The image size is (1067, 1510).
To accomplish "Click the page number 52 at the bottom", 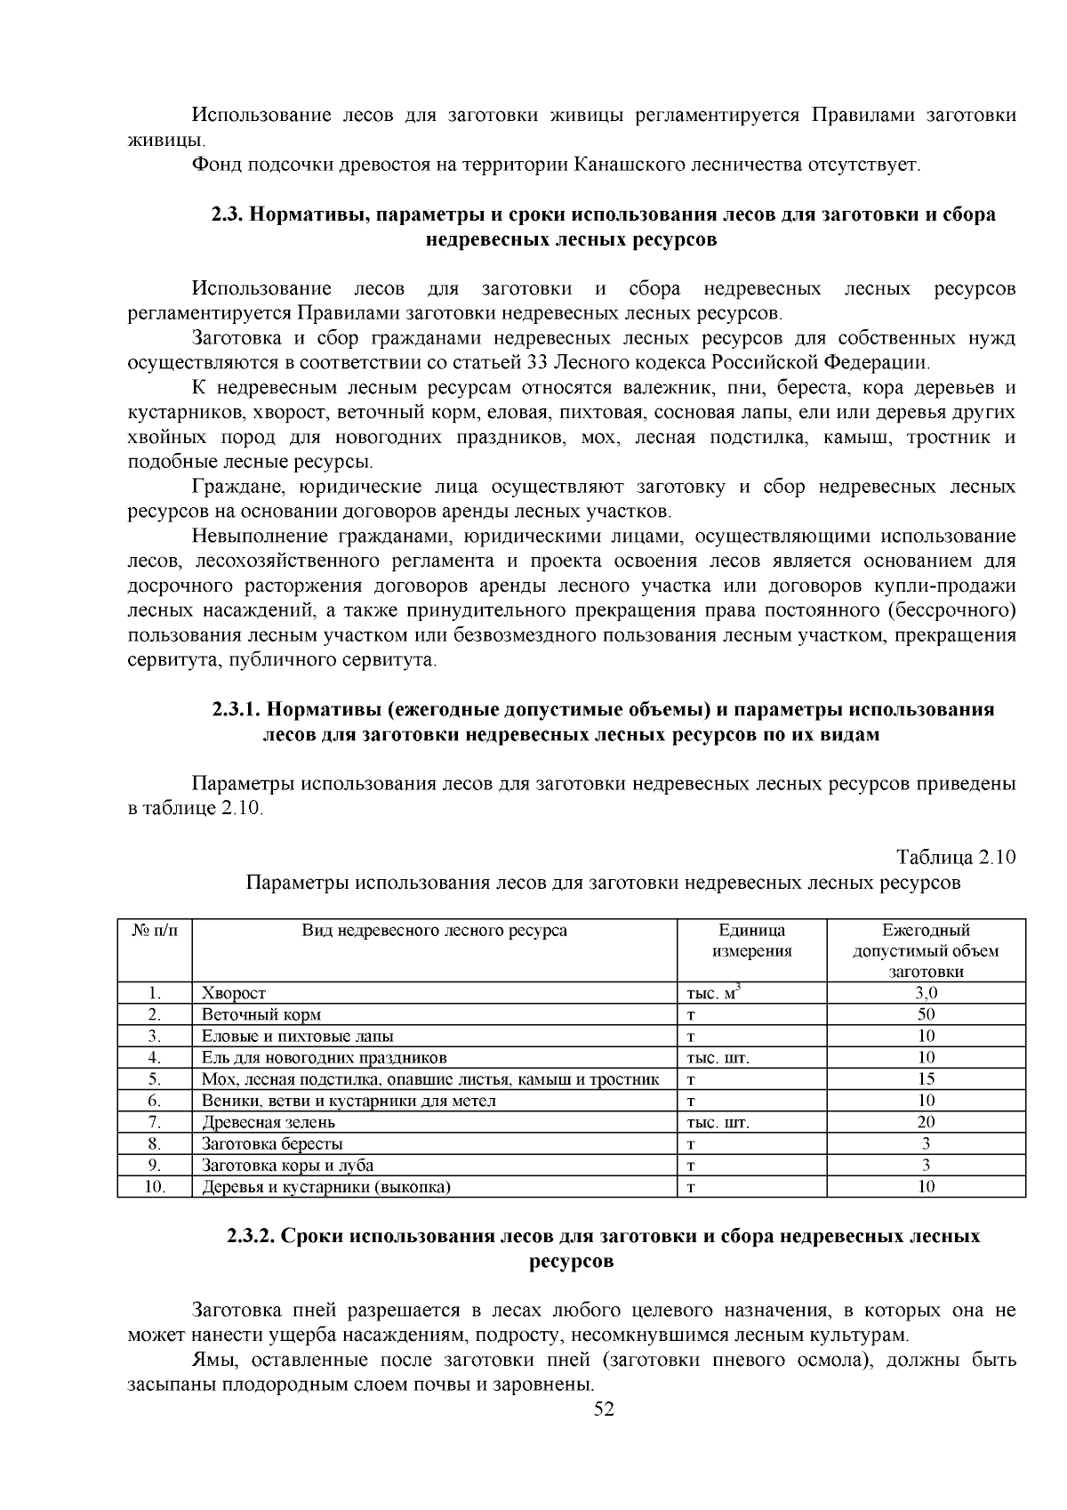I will pos(604,1409).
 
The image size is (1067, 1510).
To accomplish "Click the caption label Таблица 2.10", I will pos(955,858).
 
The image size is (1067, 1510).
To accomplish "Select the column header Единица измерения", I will pos(751,941).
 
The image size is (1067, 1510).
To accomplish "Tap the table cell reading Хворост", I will pos(234,993).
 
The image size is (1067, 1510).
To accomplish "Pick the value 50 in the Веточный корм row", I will pos(926,1014).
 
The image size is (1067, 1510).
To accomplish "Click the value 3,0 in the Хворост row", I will pos(926,993).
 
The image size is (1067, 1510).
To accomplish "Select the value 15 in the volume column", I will pos(926,1078).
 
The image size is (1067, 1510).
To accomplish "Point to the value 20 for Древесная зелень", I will pos(926,1122).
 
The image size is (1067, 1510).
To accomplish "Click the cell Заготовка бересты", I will pos(272,1143).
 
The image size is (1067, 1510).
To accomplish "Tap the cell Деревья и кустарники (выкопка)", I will pos(325,1187).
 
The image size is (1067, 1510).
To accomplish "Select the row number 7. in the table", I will pos(155,1122).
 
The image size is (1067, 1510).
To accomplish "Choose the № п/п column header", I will pos(154,931).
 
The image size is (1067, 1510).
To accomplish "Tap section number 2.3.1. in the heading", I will pos(237,710).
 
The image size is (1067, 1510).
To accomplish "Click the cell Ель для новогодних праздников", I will pos(324,1057).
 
